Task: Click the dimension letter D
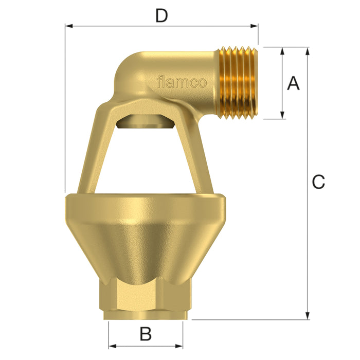click(x=161, y=16)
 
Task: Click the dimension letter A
click(x=293, y=83)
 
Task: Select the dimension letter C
click(x=319, y=182)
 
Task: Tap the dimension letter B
click(x=146, y=334)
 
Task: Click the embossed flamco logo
click(x=182, y=82)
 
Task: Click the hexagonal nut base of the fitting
click(x=147, y=298)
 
